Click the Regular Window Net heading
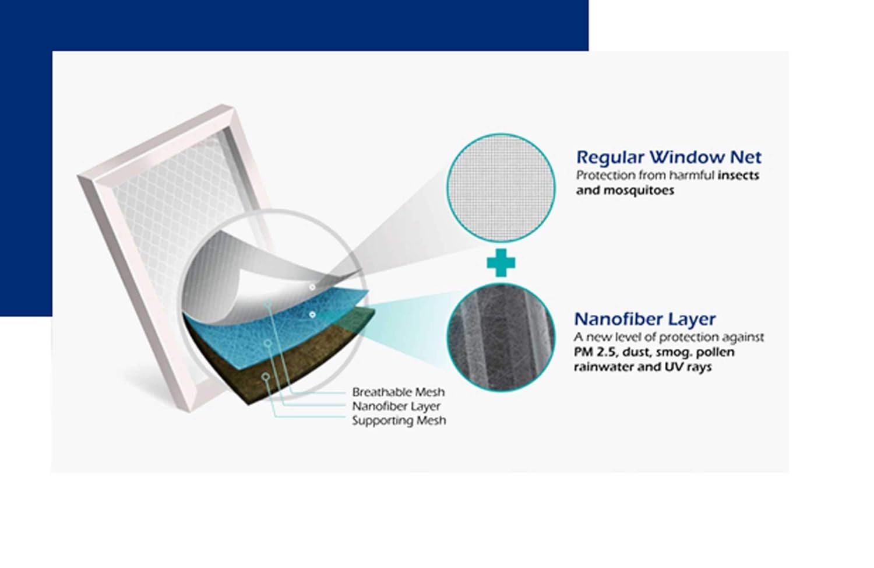669,157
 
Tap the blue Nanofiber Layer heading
645,319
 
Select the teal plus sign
501,263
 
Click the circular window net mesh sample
501,188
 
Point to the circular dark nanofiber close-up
501,338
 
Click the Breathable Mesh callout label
399,391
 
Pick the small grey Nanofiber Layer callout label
396,406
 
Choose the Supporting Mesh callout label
399,420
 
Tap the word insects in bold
739,176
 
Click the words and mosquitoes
625,190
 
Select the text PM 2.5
595,352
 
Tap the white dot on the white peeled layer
312,287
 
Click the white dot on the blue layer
312,314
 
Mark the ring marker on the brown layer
266,377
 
